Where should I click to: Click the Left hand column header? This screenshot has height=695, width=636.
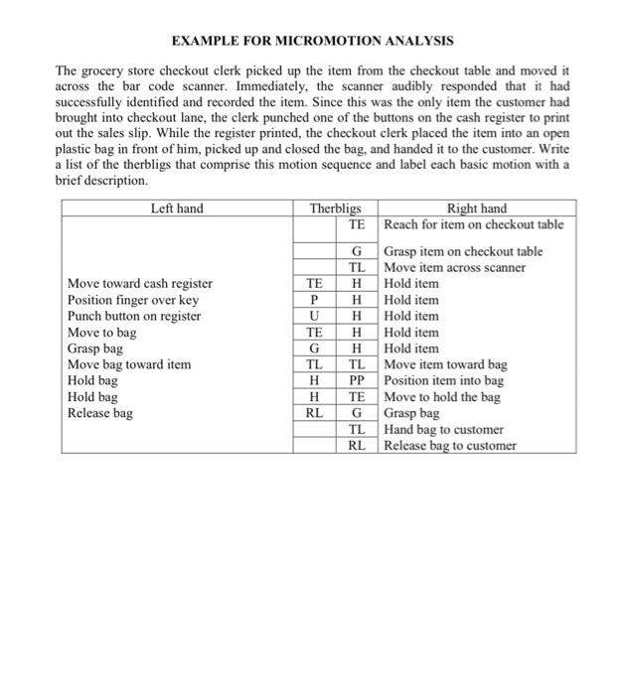(x=177, y=208)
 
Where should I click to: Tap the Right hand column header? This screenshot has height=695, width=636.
(x=477, y=208)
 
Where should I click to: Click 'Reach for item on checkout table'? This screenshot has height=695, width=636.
(x=474, y=224)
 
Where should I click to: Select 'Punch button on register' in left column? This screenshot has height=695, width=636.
(x=134, y=317)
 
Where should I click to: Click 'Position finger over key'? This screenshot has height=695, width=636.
(x=133, y=300)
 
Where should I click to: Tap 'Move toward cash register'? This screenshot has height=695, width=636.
(x=139, y=284)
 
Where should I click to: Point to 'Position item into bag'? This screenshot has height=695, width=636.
(x=444, y=381)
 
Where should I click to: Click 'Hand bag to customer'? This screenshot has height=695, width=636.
(x=443, y=430)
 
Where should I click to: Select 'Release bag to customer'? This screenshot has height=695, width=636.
(x=450, y=446)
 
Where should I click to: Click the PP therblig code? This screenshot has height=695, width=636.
(x=359, y=381)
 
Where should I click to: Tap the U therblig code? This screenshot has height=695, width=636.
(x=314, y=317)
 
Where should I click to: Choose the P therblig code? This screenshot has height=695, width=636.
(x=314, y=300)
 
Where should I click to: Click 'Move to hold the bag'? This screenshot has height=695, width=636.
(x=442, y=397)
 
